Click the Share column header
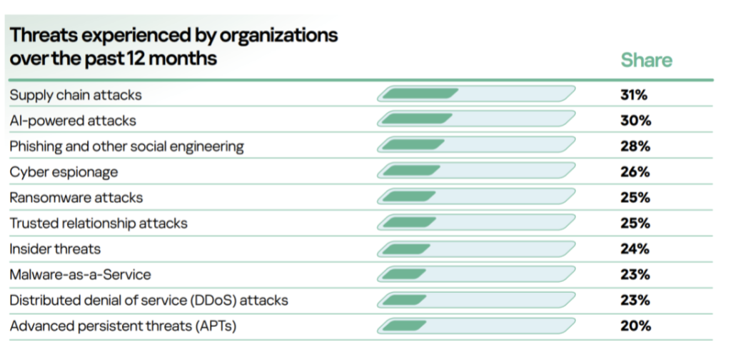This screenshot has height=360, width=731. tap(646, 60)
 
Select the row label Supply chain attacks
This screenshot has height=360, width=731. tap(76, 95)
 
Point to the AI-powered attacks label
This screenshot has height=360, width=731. tap(73, 121)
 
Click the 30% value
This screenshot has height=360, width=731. tap(635, 121)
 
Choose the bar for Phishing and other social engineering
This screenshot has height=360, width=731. tap(475, 146)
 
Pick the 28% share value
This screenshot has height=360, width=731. tap(635, 146)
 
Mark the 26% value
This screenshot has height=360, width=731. tap(635, 172)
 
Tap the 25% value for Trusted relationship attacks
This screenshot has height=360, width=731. tap(635, 223)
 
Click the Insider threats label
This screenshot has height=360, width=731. tap(55, 249)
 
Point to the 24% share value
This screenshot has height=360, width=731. tap(635, 249)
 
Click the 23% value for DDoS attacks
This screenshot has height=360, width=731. tap(635, 300)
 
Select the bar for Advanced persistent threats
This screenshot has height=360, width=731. tap(475, 326)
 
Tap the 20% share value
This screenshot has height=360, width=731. tap(635, 326)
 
